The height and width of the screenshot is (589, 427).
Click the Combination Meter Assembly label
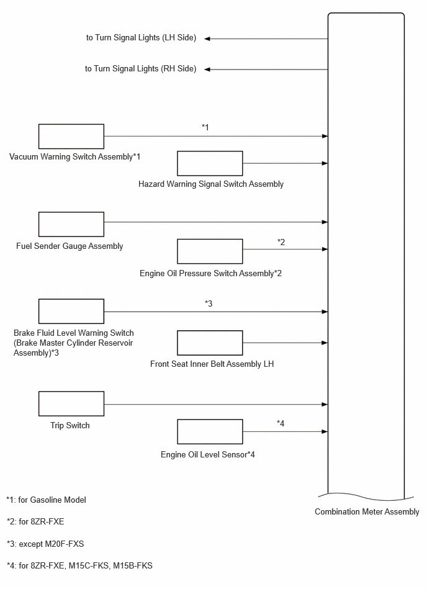(x=367, y=511)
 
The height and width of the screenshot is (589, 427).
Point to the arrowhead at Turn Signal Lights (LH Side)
(x=207, y=38)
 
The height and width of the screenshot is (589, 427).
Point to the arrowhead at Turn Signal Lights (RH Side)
(x=207, y=70)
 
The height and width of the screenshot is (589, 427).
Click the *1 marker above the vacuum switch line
(x=205, y=127)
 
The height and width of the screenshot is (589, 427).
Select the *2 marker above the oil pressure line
(x=281, y=242)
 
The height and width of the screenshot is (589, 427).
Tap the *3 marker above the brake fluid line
(x=209, y=303)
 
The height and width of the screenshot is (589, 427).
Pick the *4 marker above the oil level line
(x=281, y=423)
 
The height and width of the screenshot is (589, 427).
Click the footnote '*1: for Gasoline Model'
(x=46, y=500)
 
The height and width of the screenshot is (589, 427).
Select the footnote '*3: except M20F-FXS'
(x=45, y=544)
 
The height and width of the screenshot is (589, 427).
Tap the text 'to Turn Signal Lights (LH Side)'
(x=142, y=38)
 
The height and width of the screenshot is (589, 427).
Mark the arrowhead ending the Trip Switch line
(x=325, y=405)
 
